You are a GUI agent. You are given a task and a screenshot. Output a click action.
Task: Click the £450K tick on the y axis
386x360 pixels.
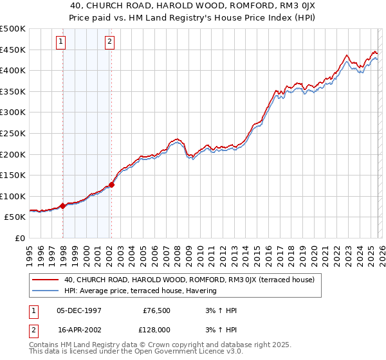click(13, 50)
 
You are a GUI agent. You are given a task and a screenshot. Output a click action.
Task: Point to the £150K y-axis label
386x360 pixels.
click(13, 175)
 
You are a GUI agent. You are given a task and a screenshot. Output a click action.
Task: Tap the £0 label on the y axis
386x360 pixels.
click(21, 238)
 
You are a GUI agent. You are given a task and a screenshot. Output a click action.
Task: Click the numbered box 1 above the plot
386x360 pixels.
click(61, 42)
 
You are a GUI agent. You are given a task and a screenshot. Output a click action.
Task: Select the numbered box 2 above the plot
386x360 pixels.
click(109, 42)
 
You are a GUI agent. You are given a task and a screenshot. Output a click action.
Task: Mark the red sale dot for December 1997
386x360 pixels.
click(62, 206)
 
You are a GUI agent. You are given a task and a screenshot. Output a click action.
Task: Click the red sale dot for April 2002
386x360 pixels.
click(111, 184)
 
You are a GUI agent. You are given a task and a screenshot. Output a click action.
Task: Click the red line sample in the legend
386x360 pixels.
click(45, 280)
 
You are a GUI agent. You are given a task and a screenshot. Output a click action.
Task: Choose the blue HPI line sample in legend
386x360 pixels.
click(45, 291)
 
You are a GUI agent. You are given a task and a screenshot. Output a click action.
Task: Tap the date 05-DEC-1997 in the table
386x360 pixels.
click(79, 310)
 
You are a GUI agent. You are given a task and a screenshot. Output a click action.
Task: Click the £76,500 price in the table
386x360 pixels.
click(154, 310)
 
